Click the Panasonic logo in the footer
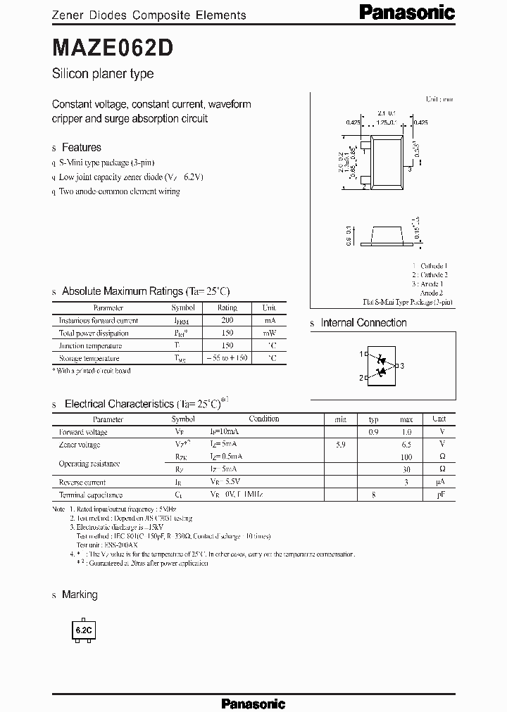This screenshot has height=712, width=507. pyautogui.click(x=253, y=703)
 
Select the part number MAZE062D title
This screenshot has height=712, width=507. pyautogui.click(x=108, y=48)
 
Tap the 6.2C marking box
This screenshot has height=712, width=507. pyautogui.click(x=83, y=631)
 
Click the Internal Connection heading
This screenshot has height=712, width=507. pyautogui.click(x=363, y=323)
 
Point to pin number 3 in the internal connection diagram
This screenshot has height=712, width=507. pyautogui.click(x=401, y=366)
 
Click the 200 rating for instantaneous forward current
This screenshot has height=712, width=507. pyautogui.click(x=227, y=320)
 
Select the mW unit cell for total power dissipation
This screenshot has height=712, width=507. pyautogui.click(x=269, y=333)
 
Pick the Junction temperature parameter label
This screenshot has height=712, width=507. pyautogui.click(x=90, y=345)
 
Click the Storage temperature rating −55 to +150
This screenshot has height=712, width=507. pyautogui.click(x=227, y=358)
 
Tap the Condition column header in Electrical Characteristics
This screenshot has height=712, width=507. pyautogui.click(x=263, y=419)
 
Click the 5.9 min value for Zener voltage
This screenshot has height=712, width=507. pyautogui.click(x=340, y=445)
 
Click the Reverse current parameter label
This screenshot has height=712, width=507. pyautogui.click(x=82, y=483)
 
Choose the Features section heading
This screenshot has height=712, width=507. pyautogui.click(x=81, y=148)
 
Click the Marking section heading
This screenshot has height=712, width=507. pyautogui.click(x=80, y=595)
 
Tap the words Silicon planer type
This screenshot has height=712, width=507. pyautogui.click(x=103, y=74)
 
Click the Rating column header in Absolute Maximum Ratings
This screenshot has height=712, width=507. pyautogui.click(x=227, y=307)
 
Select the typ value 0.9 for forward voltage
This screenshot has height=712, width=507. pyautogui.click(x=373, y=432)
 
